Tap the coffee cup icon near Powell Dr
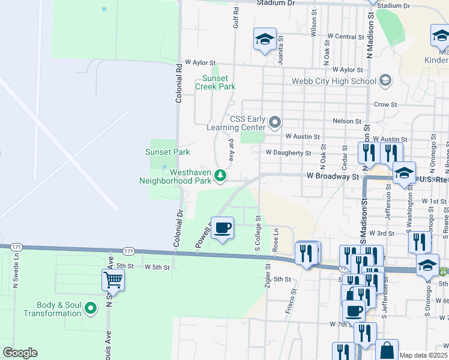click(222, 228)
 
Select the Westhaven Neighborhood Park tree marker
click(221, 175)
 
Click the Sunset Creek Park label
click(215, 82)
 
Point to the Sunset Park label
click(167, 152)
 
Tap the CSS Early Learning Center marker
click(276, 122)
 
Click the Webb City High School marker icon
click(385, 80)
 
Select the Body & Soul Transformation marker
click(91, 309)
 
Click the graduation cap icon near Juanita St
click(265, 40)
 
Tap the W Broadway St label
click(333, 177)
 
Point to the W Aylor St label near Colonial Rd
click(200, 62)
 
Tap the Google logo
click(20, 353)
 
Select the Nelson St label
click(346, 121)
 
